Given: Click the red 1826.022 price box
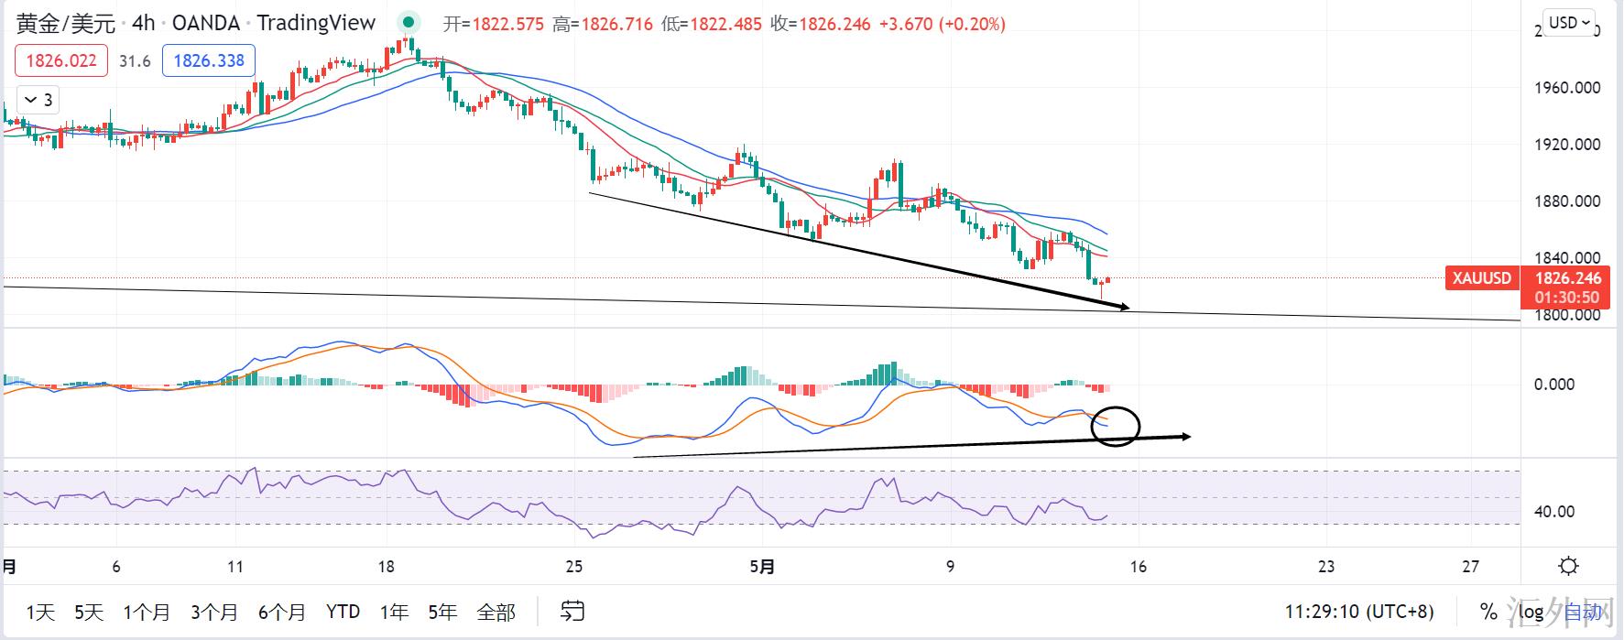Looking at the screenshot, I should (61, 61).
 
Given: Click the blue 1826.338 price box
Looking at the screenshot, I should (209, 61).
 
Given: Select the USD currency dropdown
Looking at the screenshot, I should (1569, 23).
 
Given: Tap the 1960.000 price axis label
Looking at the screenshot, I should (1567, 88).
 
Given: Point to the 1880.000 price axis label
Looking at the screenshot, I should (1567, 201).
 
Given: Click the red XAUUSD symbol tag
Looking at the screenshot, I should (1481, 278).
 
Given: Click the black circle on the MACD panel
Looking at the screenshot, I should (1116, 426).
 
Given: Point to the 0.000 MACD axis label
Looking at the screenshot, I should (1554, 385).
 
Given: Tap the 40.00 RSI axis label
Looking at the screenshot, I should (1554, 512).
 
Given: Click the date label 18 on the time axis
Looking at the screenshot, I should (387, 567).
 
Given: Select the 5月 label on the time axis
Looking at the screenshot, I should (762, 567).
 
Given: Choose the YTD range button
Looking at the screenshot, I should (343, 612).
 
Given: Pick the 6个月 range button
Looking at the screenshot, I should (282, 612).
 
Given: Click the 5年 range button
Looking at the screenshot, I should (442, 612).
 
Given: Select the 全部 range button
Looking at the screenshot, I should (496, 612).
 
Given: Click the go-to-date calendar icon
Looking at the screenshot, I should (572, 611).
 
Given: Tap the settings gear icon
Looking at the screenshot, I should (1568, 566).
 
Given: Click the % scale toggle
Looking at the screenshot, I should (1488, 612).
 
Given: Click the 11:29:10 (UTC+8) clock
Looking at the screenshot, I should (1359, 612).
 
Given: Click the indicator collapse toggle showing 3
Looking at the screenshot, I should (38, 100).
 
